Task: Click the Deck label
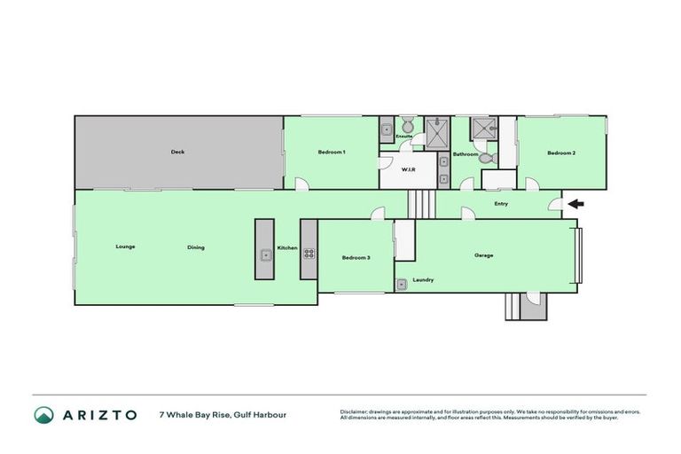pyautogui.click(x=177, y=153)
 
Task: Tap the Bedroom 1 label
pyautogui.click(x=332, y=153)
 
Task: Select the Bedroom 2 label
pyautogui.click(x=561, y=153)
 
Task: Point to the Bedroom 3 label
pyautogui.click(x=356, y=257)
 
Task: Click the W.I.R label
pyautogui.click(x=409, y=168)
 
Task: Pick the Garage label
pyautogui.click(x=483, y=255)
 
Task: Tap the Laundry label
pyautogui.click(x=423, y=280)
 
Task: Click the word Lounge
pyautogui.click(x=125, y=247)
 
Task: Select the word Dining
pyautogui.click(x=196, y=247)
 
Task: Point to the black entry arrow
pyautogui.click(x=575, y=205)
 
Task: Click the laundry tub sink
pyautogui.click(x=402, y=284)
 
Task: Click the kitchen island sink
pyautogui.click(x=264, y=255)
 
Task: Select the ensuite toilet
pyautogui.click(x=405, y=124)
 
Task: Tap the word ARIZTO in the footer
pyautogui.click(x=98, y=415)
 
